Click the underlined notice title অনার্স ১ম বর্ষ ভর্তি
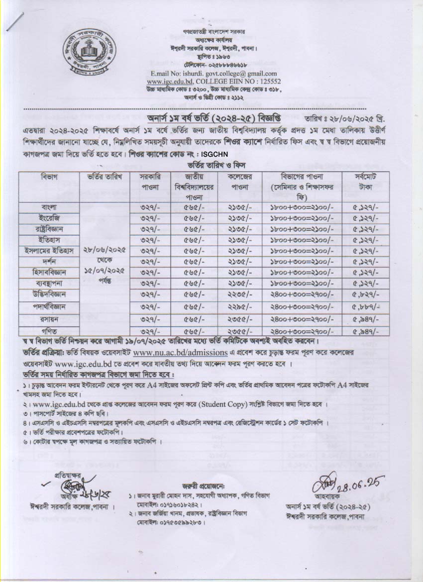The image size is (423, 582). click(x=213, y=121)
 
